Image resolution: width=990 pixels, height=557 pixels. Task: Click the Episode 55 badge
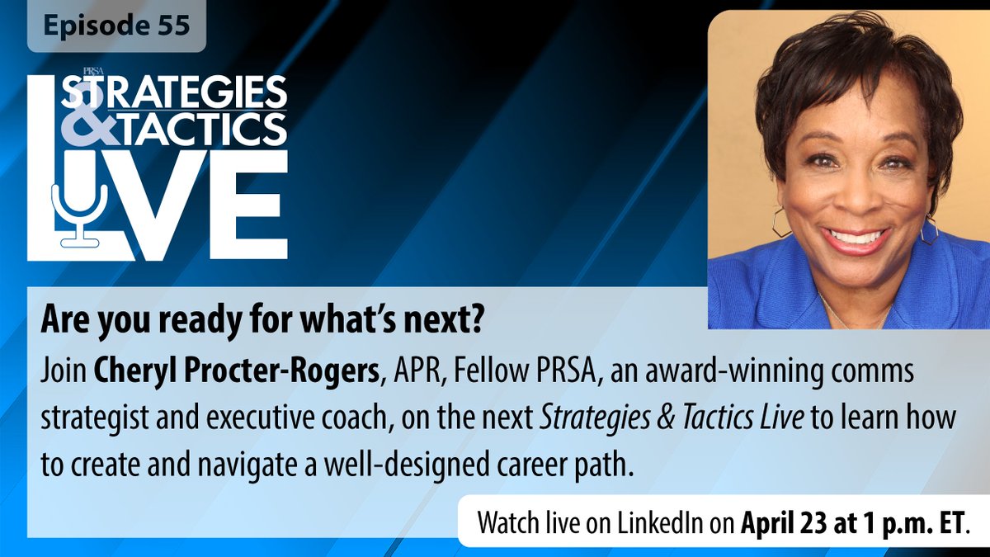click(x=115, y=26)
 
